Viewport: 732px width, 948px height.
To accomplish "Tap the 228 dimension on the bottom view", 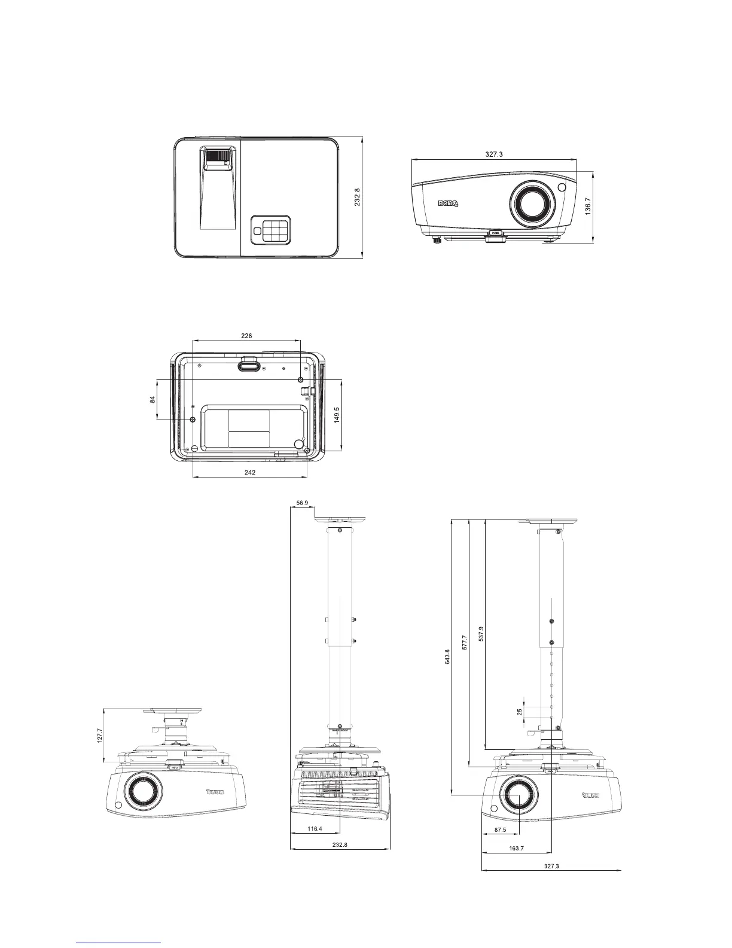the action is [246, 336].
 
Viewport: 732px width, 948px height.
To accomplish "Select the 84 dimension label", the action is [152, 400].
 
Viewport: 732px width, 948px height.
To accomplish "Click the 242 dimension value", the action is [250, 472].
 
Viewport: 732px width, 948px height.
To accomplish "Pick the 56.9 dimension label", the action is [302, 503].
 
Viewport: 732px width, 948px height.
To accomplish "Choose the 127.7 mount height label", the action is [99, 736].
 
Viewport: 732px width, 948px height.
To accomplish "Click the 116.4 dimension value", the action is [315, 829].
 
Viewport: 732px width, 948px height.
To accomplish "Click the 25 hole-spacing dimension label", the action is [520, 712].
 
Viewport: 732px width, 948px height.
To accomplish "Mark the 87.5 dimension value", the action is [500, 830].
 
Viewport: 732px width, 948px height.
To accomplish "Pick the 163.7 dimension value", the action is [516, 848].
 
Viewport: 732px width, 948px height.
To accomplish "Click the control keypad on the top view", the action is [270, 230].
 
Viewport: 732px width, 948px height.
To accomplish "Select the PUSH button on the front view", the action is [495, 234].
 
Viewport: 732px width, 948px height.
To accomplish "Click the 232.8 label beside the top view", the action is [357, 197].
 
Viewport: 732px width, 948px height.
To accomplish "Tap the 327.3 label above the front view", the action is [494, 154].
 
